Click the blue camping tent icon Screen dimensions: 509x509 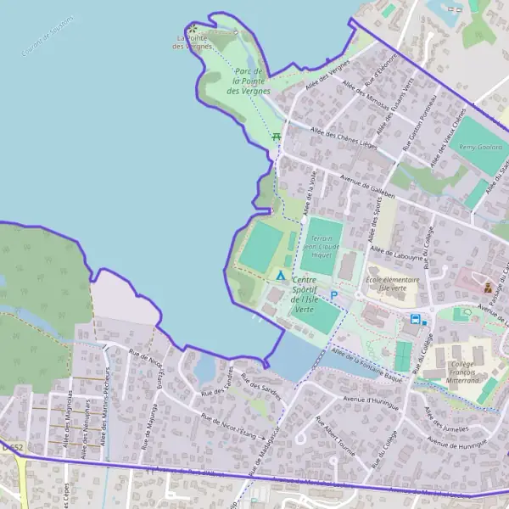[281, 276]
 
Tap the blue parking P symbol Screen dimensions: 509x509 [334, 295]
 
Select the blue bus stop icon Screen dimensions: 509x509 [415, 319]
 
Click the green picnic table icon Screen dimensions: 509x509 [276, 137]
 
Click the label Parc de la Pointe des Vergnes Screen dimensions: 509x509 [251, 81]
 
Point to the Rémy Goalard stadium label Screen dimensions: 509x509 [479, 147]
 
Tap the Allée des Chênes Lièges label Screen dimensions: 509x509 [344, 137]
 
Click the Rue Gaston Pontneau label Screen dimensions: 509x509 [424, 125]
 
